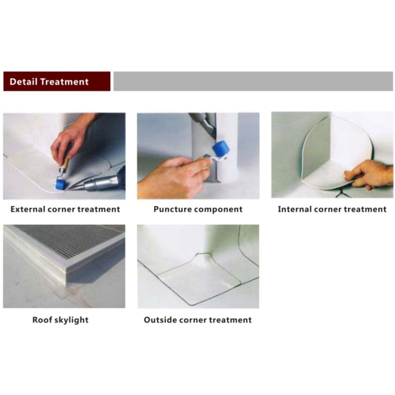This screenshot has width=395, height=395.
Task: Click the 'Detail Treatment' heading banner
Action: pos(57,81)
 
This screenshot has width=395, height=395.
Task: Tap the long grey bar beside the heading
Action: pos(253,81)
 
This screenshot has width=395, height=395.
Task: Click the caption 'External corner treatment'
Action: pos(65,209)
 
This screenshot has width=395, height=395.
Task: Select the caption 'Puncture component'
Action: pos(198,209)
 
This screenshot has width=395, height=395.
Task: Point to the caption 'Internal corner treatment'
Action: pos(332,209)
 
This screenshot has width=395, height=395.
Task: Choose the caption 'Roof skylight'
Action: pos(60,320)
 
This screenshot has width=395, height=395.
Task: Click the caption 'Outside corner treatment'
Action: pos(198,320)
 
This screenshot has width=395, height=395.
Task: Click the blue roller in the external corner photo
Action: pos(60,184)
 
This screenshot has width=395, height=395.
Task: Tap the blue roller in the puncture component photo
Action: pos(221,149)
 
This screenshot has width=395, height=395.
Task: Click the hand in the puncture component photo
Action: pos(174,176)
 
